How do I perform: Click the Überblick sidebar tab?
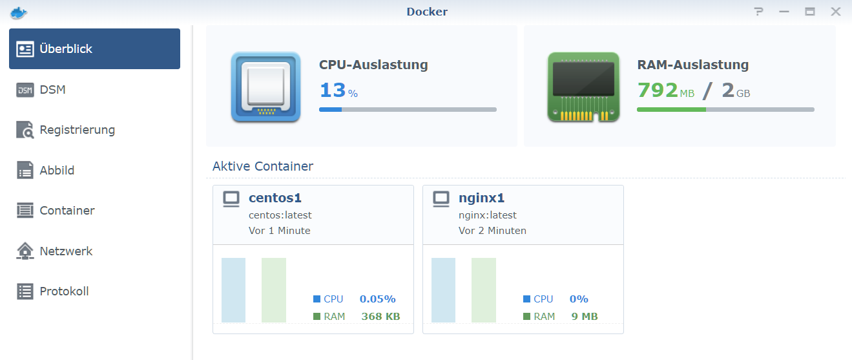point(94,49)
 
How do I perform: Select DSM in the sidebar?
point(52,90)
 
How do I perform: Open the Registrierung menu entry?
point(77,130)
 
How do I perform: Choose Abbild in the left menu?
point(57,171)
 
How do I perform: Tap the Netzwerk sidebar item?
point(66,251)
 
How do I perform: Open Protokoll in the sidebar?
point(64,291)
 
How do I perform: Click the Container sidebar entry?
point(67,211)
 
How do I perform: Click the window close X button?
point(836,12)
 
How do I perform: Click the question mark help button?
point(759,12)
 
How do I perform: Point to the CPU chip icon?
point(265,87)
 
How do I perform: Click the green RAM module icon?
point(583,87)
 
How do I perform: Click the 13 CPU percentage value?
point(333,90)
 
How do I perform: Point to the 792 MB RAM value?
point(658,90)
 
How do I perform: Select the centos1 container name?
point(275,198)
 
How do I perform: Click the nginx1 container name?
point(481,198)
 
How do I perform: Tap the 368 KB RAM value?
point(380,317)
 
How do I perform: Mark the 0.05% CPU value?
point(378,299)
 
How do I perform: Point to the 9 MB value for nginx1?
point(583,317)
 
